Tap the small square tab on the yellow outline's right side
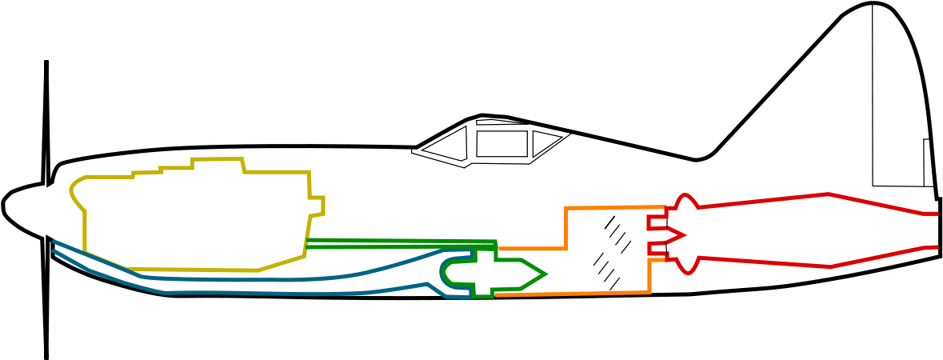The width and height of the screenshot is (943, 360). coord(317,206)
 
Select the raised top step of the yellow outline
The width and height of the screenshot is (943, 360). coord(217,159)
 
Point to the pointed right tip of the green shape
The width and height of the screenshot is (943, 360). coord(545,274)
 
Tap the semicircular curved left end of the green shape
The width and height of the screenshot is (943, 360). coord(443,272)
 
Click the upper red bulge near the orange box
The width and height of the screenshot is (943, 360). coord(686,196)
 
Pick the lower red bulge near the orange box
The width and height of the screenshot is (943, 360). coord(687,271)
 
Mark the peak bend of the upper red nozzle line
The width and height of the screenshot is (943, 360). coord(829,194)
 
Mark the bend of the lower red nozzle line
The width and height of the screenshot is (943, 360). coord(830,266)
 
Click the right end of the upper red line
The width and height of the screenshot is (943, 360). coord(937,214)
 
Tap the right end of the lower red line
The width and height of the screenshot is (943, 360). coord(937,247)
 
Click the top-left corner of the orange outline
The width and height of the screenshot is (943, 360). coord(566,209)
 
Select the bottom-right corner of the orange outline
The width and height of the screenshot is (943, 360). coord(650,292)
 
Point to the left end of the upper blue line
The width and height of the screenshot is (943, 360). coord(54,241)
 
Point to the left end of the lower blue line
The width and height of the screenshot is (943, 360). coord(54,250)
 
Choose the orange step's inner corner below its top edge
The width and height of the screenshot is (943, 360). coord(566,249)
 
